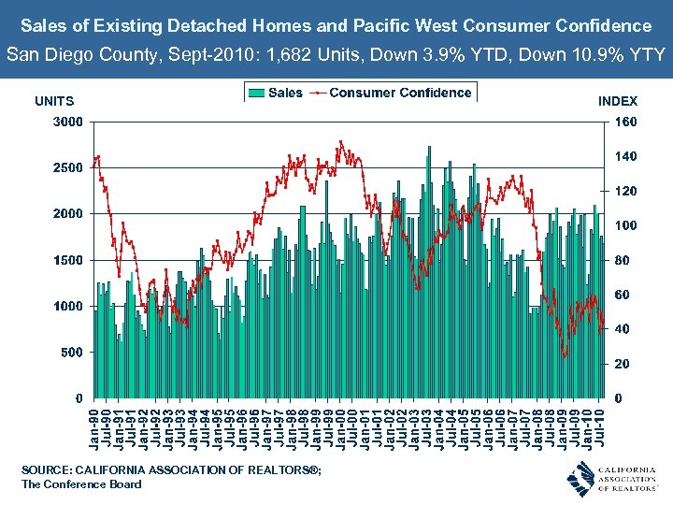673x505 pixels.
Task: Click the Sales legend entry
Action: click(x=276, y=93)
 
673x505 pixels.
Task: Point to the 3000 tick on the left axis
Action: click(x=66, y=122)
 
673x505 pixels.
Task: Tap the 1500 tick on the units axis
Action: click(x=66, y=260)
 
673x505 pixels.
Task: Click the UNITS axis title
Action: click(x=53, y=101)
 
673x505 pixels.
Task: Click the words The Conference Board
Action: click(x=81, y=484)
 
